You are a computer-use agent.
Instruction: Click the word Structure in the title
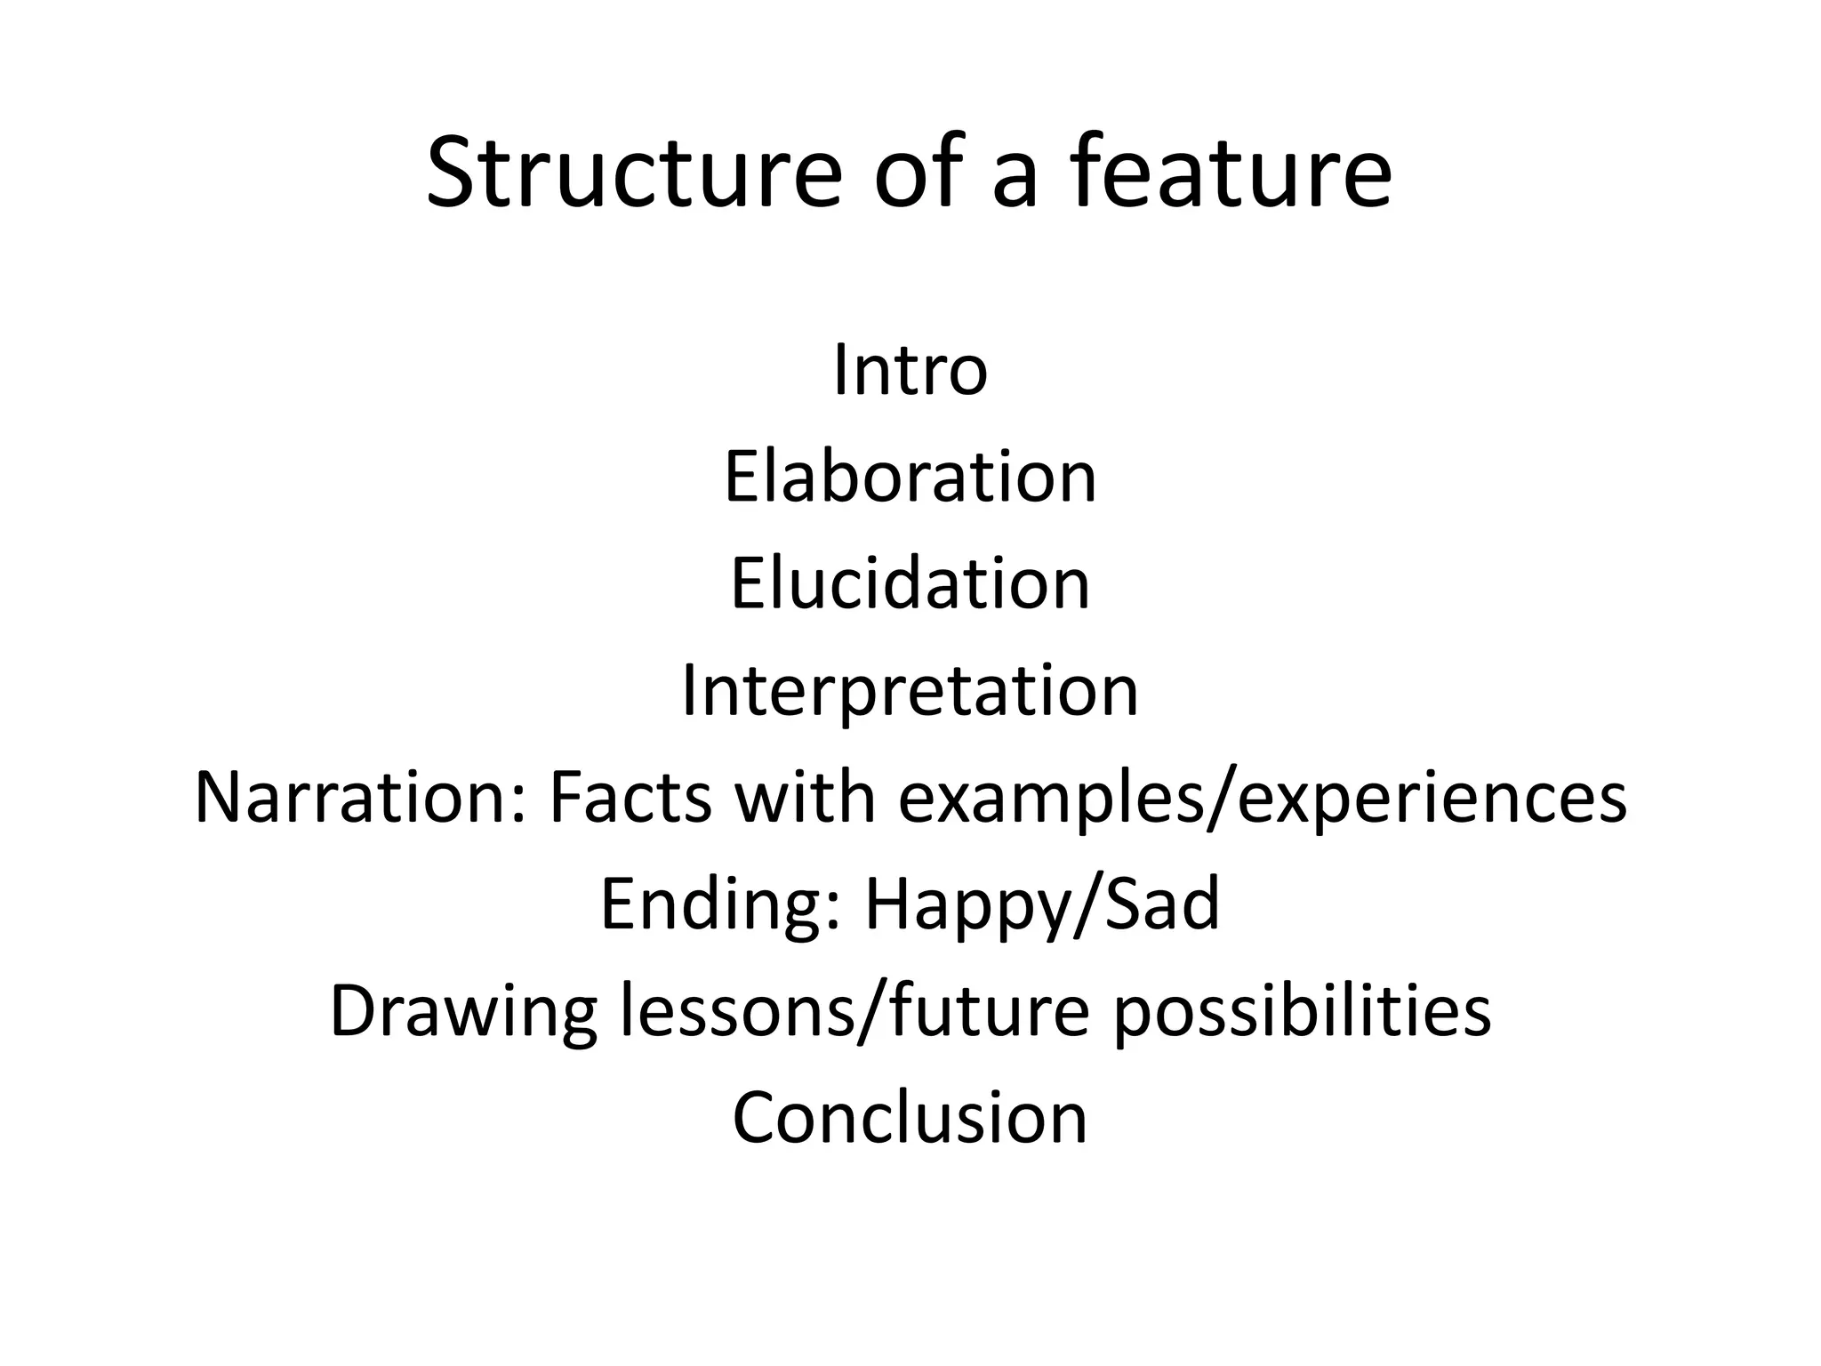coord(633,173)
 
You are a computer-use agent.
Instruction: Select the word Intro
coord(910,371)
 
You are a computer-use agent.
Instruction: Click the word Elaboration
coord(910,478)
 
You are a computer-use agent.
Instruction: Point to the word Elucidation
coord(910,584)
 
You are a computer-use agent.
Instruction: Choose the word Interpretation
coord(910,691)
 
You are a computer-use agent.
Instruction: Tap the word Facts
coord(630,798)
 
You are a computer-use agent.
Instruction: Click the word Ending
coord(711,904)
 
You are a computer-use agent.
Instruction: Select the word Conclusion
coord(910,1118)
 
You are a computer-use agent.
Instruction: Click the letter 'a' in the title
coord(1015,182)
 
